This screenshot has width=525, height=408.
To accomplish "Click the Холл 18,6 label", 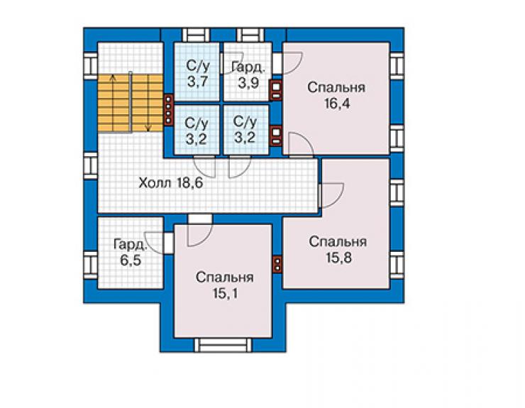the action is point(171,183).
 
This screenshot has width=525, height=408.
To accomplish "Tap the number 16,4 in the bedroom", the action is point(337,104).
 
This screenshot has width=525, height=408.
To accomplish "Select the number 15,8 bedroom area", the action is point(338,258).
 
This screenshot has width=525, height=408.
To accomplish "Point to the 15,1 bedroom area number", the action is point(225,294).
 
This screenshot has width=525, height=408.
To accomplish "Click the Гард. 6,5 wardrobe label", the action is point(131,252).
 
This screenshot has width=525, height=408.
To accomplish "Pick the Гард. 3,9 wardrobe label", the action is point(248,75).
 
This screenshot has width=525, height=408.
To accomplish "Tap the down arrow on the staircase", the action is point(148,103).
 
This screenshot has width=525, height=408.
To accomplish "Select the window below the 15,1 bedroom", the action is point(223,345).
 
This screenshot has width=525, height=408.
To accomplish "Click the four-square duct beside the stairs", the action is point(168,109).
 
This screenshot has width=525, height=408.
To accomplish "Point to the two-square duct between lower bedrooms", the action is point(277,264).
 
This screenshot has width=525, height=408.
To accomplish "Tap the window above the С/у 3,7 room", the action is point(196,35).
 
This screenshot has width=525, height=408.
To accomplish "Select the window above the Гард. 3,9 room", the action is point(250,35).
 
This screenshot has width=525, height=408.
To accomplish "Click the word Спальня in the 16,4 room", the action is point(336,87).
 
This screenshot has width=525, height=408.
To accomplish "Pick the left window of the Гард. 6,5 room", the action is point(89,265).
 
